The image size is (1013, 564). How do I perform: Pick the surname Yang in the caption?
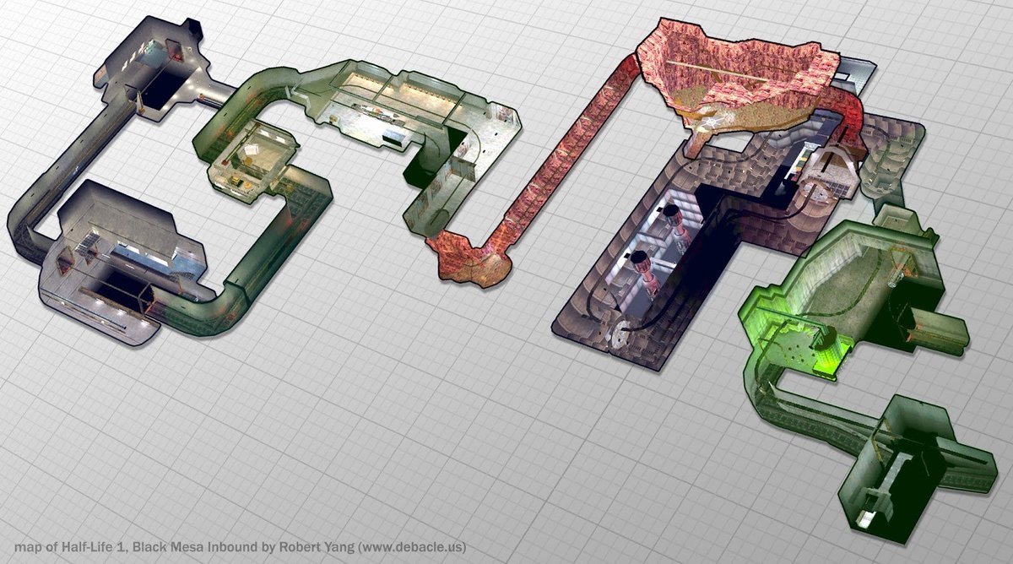pyautogui.click(x=339, y=547)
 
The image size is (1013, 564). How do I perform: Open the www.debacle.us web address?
pyautogui.click(x=412, y=547)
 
